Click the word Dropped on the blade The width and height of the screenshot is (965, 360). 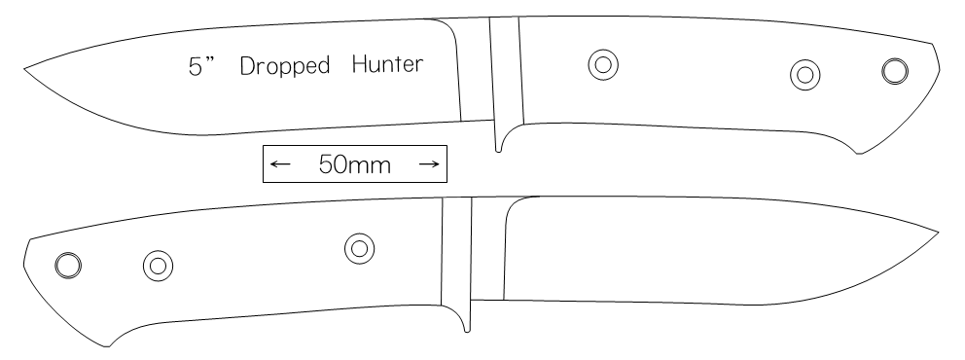tap(284, 66)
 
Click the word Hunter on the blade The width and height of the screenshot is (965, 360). tap(388, 63)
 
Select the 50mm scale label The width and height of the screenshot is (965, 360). tap(355, 164)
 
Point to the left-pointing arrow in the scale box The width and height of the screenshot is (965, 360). tap(280, 163)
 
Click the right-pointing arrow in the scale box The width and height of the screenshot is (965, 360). tap(429, 163)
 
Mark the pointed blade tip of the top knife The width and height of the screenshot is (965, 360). tap(24, 69)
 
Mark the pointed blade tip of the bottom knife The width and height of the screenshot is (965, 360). tap(939, 233)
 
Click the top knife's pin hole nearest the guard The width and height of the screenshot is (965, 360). tap(603, 64)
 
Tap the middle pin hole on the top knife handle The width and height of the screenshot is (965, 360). tap(805, 75)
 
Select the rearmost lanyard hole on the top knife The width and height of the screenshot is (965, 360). tap(895, 71)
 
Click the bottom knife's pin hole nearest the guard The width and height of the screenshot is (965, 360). tap(359, 249)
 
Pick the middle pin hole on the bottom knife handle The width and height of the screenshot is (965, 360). tap(159, 266)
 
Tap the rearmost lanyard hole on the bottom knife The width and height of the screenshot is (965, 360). tap(68, 266)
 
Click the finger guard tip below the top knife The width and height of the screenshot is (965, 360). tap(498, 151)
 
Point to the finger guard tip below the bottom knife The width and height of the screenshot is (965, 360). tap(467, 331)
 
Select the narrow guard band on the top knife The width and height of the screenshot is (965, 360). tap(507, 71)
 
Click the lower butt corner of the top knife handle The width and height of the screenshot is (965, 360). tap(859, 153)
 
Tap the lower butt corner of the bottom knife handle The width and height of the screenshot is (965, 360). tap(108, 346)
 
